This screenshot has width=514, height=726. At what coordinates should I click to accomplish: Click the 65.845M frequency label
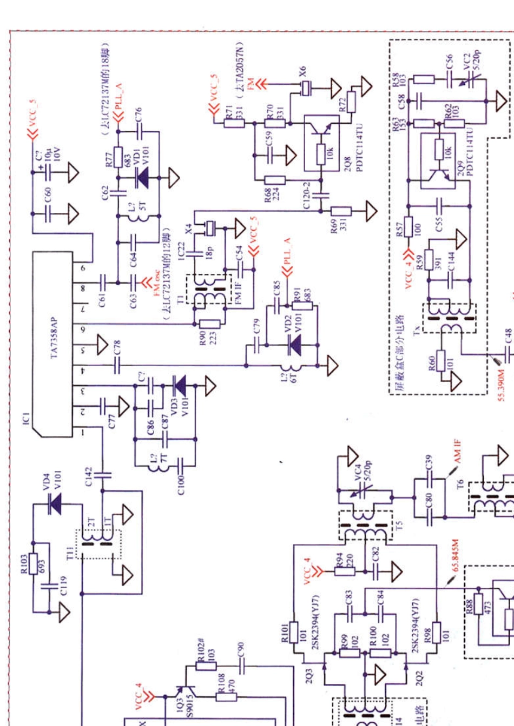tap(456, 555)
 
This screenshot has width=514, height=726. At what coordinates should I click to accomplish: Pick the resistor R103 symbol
tap(34, 563)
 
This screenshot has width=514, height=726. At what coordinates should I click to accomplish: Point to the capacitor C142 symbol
tap(102, 475)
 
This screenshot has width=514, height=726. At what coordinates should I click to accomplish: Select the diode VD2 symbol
tap(295, 344)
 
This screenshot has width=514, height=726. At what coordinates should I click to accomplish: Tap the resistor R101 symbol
tap(294, 632)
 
